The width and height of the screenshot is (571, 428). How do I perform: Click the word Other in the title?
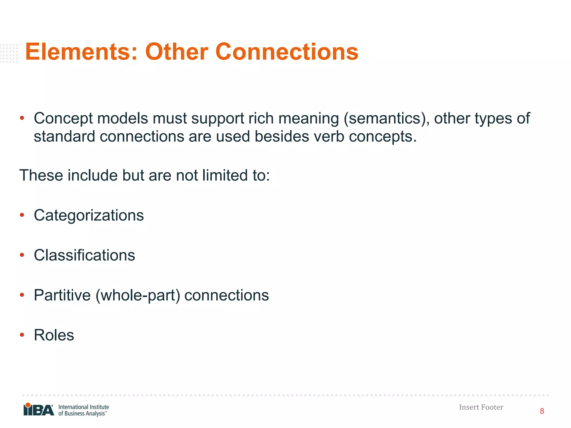[176, 52]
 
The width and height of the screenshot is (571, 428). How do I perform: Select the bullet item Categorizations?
[89, 215]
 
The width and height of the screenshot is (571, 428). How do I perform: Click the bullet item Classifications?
[84, 255]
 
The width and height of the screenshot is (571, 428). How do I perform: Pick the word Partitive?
[62, 295]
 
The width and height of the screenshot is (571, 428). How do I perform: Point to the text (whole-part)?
[138, 295]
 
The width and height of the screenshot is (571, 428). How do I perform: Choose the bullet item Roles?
[54, 335]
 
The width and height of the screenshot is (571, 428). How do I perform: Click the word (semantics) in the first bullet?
[386, 118]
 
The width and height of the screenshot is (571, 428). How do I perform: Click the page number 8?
[542, 411]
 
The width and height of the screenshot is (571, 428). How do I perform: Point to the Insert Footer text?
[481, 407]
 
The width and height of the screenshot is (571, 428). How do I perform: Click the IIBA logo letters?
[39, 410]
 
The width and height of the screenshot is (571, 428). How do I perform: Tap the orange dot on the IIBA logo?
[28, 405]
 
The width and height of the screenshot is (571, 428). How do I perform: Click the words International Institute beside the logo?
[83, 407]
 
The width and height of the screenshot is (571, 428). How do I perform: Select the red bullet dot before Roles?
[22, 335]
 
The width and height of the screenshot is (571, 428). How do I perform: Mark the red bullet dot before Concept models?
[22, 118]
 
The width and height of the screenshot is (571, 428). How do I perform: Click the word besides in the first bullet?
[282, 137]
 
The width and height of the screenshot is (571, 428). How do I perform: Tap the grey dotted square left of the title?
[9, 53]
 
